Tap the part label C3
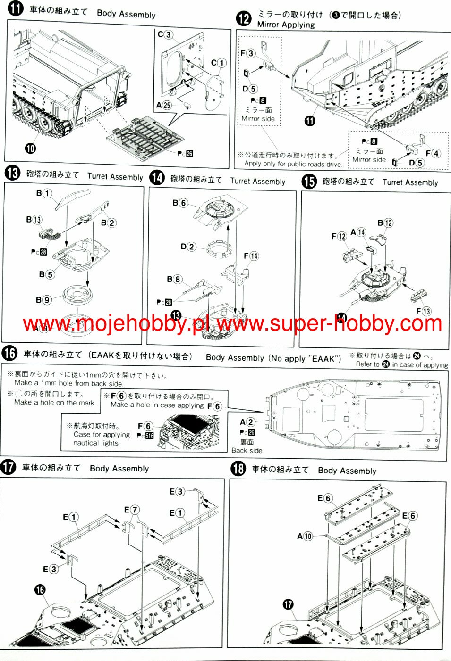[x=165, y=34]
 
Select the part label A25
[x=163, y=105]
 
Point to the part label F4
[x=433, y=153]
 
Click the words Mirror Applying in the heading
[x=286, y=25]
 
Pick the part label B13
[x=34, y=219]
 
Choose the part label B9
[x=43, y=299]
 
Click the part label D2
[x=187, y=246]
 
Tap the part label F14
[x=251, y=256]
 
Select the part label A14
[x=358, y=232]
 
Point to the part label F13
[x=423, y=311]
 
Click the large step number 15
[x=309, y=182]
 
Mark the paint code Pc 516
[x=145, y=436]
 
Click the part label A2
[x=247, y=422]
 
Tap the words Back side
[x=247, y=450]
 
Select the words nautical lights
[x=96, y=443]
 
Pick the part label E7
[x=132, y=510]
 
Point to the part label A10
[x=305, y=536]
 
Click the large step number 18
[x=238, y=469]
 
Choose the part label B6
[x=180, y=203]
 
